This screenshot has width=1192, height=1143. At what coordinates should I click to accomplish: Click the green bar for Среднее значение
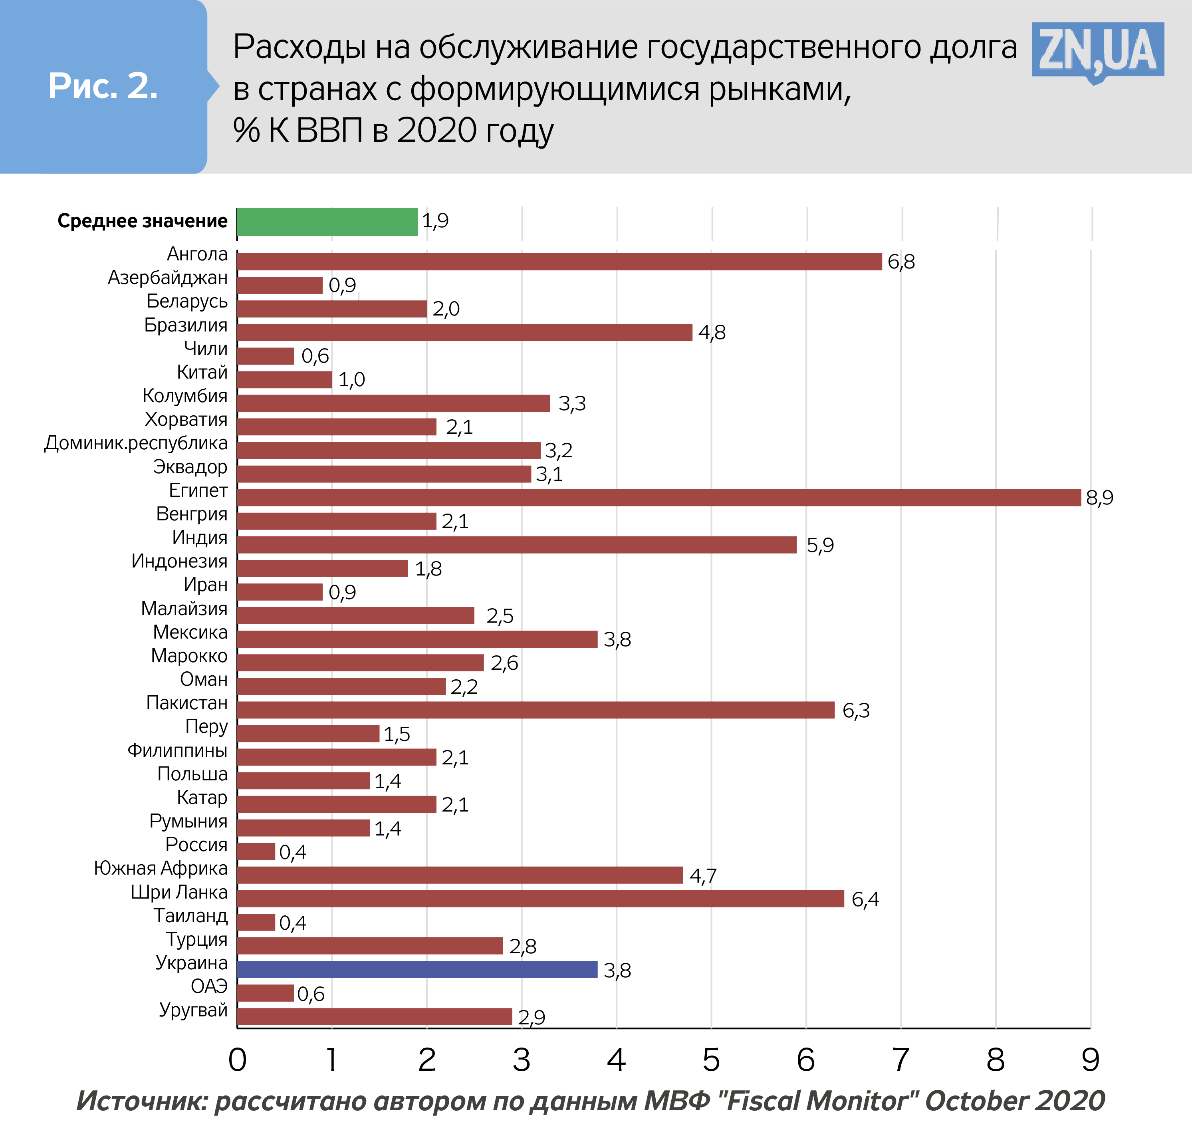point(327,221)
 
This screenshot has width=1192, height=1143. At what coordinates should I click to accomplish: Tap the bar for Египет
point(658,498)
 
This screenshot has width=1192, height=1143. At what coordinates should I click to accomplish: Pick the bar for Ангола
point(559,262)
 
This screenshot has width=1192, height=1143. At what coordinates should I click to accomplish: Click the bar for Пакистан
point(536,710)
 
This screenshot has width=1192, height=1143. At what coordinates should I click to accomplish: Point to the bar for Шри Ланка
point(541,899)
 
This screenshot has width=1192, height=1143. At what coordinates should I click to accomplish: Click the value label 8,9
point(1100,498)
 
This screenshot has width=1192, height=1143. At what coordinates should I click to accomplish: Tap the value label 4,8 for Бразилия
point(712,333)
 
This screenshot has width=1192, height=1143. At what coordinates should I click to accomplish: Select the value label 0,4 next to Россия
point(293,852)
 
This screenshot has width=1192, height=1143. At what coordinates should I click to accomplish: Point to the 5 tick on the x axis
point(711,1060)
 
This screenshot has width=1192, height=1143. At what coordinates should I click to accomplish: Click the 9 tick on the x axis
point(1091,1060)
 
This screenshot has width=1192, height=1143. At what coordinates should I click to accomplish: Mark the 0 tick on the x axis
point(237,1060)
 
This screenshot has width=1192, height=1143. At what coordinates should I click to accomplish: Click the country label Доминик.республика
point(136,443)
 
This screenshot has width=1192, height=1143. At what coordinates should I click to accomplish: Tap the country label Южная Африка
point(161,868)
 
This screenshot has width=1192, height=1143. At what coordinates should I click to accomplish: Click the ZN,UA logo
point(1098,52)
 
